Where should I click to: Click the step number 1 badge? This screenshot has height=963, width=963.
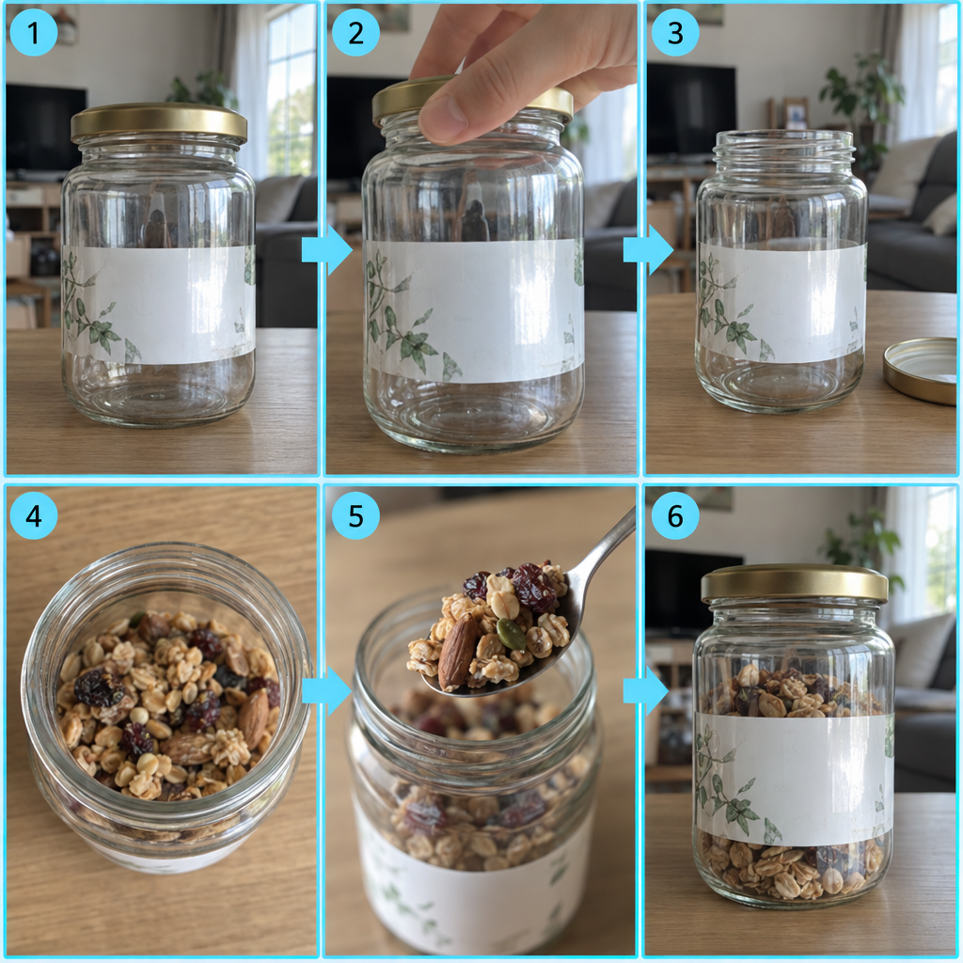tap(33, 33)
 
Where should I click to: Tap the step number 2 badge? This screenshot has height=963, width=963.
tap(355, 33)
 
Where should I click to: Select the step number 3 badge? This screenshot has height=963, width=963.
tap(675, 33)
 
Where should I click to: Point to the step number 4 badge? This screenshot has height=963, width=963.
tap(33, 515)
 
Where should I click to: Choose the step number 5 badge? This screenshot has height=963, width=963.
tap(355, 515)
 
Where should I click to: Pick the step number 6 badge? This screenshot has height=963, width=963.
tap(675, 515)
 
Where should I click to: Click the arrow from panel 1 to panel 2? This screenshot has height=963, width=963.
tap(326, 250)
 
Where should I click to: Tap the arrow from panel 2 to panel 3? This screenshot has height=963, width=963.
tap(648, 250)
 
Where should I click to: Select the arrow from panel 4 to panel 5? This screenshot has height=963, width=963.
tap(326, 691)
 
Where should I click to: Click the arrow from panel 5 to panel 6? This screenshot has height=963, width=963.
tap(646, 691)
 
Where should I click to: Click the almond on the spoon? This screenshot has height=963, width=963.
tap(458, 651)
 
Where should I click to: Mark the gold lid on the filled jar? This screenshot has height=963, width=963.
tap(794, 583)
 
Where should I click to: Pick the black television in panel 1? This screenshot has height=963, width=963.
tap(45, 128)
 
